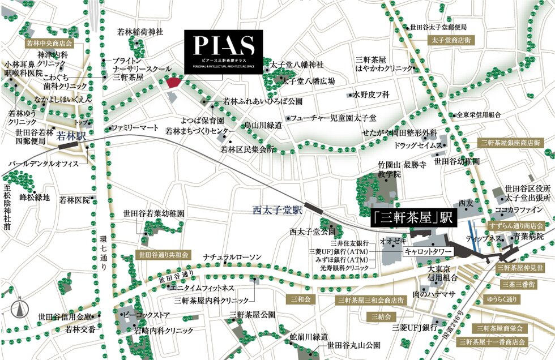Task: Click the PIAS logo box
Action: pos(224,50)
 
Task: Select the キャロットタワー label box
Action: pos(428,250)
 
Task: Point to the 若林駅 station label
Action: pos(71,136)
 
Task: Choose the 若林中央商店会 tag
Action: pos(50,43)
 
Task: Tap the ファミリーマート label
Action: pos(135,128)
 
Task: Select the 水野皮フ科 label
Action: pos(372,95)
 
